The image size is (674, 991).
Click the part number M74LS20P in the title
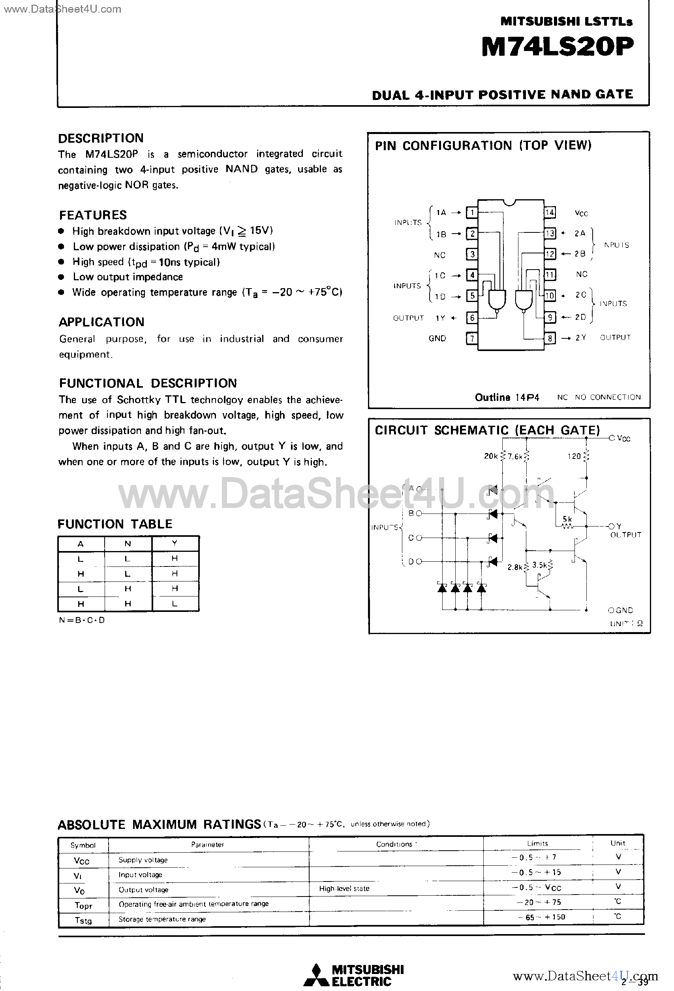[x=557, y=47]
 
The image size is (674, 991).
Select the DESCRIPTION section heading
[x=101, y=138]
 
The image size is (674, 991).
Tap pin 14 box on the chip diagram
[x=550, y=212]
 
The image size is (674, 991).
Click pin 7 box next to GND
[x=471, y=339]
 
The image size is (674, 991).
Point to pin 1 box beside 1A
[x=471, y=212]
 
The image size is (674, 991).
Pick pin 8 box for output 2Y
[x=550, y=339]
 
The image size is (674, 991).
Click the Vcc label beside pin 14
[x=581, y=213]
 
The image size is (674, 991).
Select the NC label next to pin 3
[x=440, y=255]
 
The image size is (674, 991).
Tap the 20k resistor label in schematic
[x=491, y=456]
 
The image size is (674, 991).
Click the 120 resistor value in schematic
[x=574, y=456]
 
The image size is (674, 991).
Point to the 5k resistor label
[x=567, y=519]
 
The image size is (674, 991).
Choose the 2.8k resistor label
[x=514, y=567]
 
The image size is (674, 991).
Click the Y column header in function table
[x=175, y=543]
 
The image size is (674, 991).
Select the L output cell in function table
[x=175, y=603]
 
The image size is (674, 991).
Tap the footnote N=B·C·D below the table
[x=82, y=620]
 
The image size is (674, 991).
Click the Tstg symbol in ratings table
[x=83, y=920]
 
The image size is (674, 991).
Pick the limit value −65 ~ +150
[x=541, y=917]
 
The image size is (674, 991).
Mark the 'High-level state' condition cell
[x=344, y=888]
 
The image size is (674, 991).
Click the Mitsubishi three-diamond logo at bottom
[x=316, y=975]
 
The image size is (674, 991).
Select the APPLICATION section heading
[x=101, y=322]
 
